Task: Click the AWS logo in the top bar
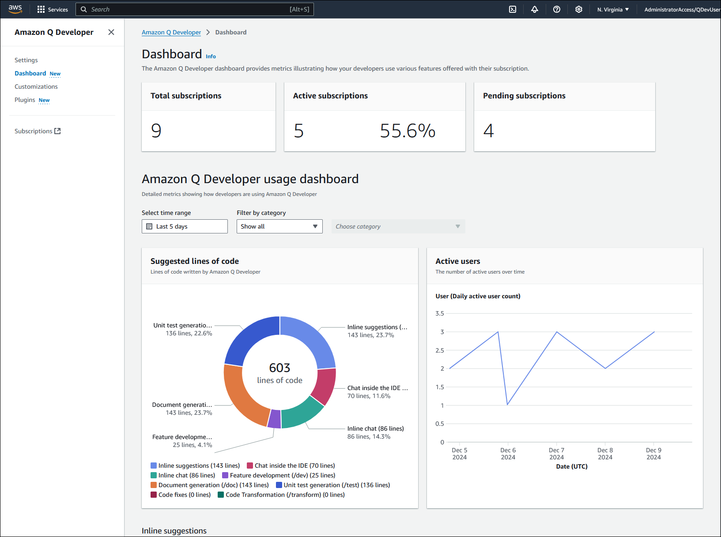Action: point(15,9)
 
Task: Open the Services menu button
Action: point(53,9)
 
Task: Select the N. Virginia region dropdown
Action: point(613,9)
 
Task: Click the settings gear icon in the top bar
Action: point(578,9)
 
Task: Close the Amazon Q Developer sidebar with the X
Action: point(111,32)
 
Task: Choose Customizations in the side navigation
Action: point(36,86)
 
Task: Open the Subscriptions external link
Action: point(38,131)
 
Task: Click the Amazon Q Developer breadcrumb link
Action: point(171,32)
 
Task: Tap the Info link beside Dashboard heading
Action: point(211,56)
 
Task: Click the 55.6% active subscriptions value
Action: point(407,131)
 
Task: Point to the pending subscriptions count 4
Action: point(488,131)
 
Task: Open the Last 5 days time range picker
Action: point(185,226)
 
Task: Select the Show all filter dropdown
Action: point(279,226)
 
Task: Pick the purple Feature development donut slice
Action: point(275,419)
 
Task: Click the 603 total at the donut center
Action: point(279,368)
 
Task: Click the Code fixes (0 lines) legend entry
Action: point(181,495)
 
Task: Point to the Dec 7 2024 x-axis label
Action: point(556,454)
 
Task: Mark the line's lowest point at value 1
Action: point(508,405)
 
